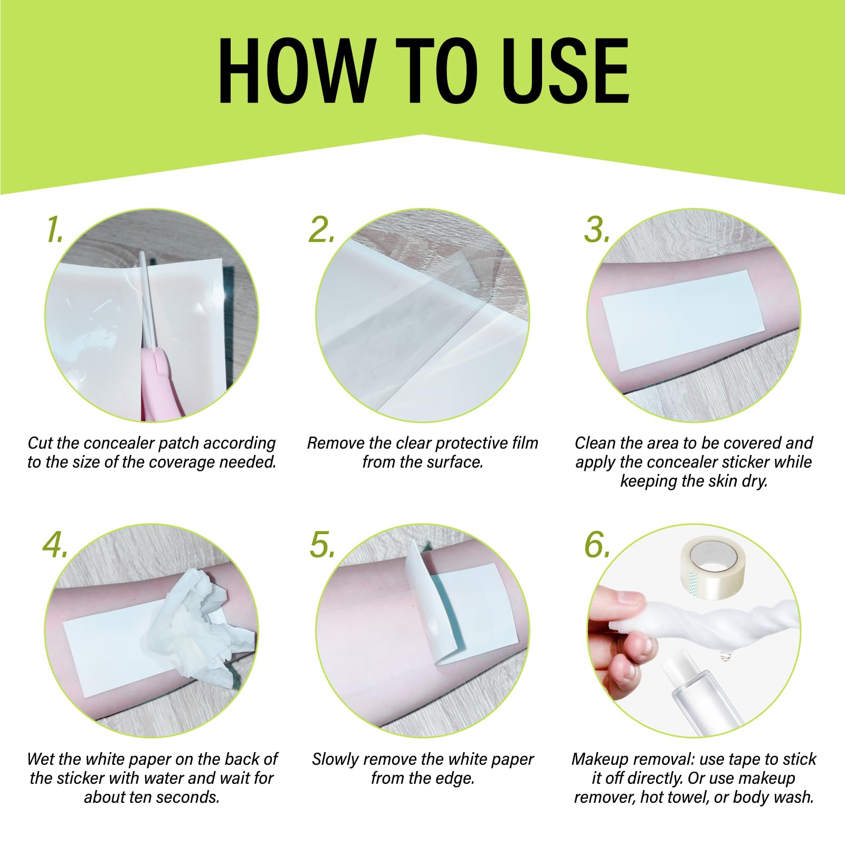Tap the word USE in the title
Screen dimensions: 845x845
pyautogui.click(x=565, y=71)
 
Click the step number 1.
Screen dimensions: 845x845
pyautogui.click(x=54, y=230)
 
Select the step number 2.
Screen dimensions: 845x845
pyautogui.click(x=321, y=230)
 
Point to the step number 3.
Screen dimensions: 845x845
pyautogui.click(x=597, y=230)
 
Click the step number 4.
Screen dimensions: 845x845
pyautogui.click(x=55, y=545)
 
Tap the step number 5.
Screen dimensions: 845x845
pyautogui.click(x=322, y=545)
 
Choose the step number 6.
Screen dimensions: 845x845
pyautogui.click(x=597, y=545)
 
